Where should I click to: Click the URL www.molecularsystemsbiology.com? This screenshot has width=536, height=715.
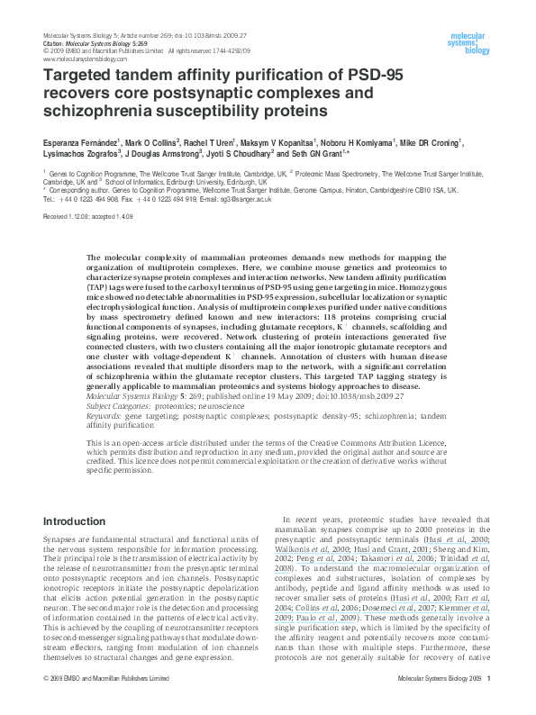(x=86, y=59)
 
